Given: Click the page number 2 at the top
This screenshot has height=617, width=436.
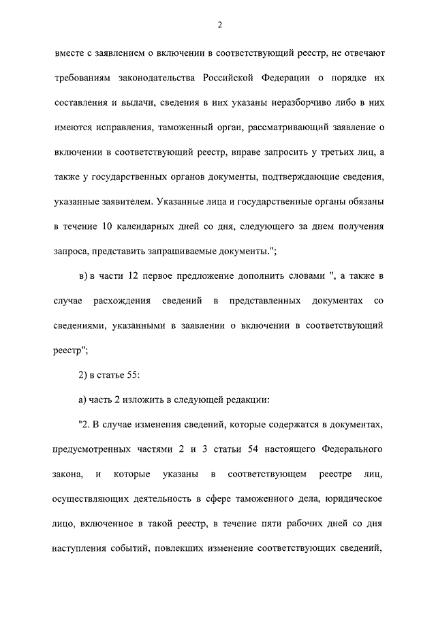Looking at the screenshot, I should click(219, 25).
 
